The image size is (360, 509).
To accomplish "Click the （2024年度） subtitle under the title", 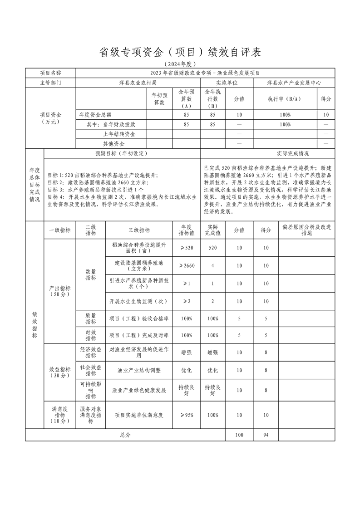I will point(180,64).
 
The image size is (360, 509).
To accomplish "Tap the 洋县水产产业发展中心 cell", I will point(294,83).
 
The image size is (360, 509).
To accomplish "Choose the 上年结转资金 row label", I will point(119,134).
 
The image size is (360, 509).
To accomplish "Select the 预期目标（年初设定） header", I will point(121,153).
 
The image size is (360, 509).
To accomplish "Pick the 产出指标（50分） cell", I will point(59,291).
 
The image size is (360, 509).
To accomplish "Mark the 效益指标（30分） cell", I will point(59,372).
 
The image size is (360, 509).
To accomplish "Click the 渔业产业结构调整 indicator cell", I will point(139,370).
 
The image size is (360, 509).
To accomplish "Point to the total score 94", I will point(266,435).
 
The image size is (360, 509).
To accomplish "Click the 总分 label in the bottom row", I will point(125,435).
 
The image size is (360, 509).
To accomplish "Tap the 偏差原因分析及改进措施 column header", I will point(307,230).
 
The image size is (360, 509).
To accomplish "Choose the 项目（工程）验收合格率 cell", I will point(139,318).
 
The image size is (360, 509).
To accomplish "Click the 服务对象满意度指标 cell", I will point(91,415).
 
